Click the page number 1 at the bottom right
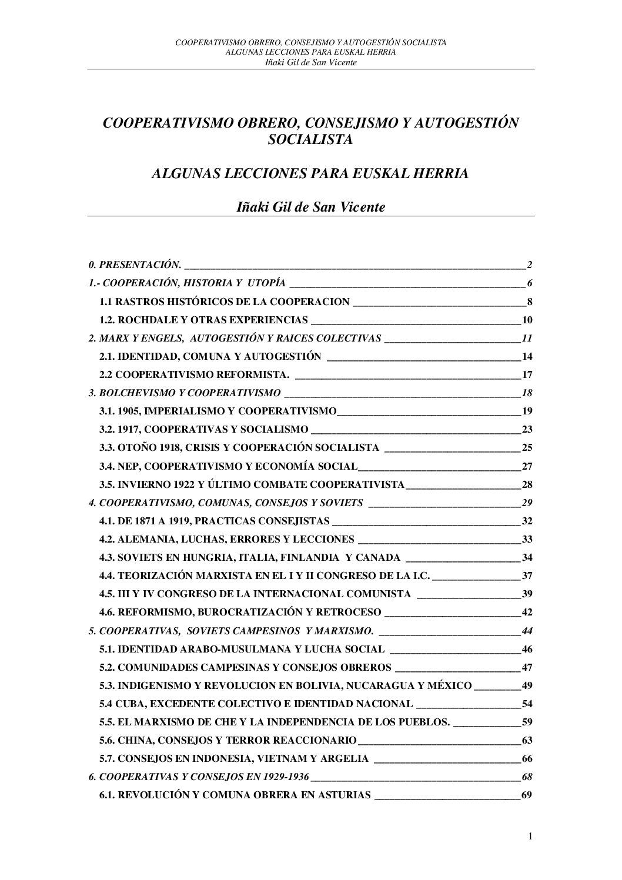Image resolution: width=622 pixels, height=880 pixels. coord(530,854)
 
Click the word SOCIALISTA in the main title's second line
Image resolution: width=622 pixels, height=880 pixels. coord(310,140)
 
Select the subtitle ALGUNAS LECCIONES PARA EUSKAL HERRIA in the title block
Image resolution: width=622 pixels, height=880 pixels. coord(310,174)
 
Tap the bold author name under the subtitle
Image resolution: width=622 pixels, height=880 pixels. coord(310,208)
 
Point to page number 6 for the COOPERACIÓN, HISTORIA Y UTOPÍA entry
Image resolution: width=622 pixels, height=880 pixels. coord(529,283)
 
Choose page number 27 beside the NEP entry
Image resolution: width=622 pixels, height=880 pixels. coord(527,467)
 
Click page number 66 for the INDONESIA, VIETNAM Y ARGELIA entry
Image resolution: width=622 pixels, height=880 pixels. coord(527,759)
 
